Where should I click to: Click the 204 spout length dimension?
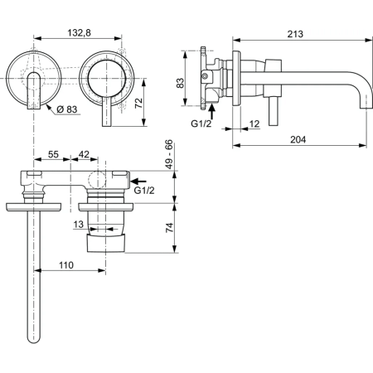[298, 139]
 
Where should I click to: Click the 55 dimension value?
[52, 155]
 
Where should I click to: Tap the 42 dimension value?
[85, 155]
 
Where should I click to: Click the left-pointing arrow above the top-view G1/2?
[140, 178]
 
